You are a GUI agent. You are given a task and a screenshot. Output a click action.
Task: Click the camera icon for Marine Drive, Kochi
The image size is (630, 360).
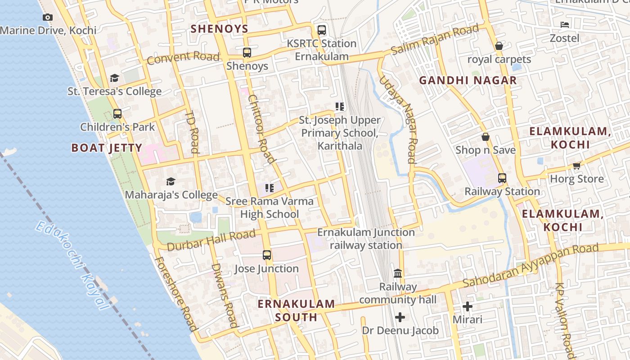click(47, 18)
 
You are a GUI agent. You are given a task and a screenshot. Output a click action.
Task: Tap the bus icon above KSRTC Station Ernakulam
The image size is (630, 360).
click(321, 30)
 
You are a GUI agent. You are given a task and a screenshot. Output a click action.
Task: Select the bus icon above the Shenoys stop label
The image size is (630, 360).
click(247, 53)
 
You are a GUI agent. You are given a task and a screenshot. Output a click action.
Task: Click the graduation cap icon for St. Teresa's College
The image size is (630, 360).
click(114, 78)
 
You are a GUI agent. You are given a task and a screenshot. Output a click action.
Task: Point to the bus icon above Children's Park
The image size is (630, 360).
click(117, 114)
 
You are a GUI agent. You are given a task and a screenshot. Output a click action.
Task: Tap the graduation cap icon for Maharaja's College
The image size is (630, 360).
click(171, 181)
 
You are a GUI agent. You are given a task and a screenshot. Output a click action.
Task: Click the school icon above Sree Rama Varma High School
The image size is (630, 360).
click(269, 188)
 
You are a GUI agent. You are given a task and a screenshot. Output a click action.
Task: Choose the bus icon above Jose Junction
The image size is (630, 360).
click(266, 255)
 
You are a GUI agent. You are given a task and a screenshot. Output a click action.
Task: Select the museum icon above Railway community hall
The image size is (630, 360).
click(398, 273)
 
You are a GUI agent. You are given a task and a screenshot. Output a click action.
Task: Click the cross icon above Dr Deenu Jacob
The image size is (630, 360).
click(400, 317)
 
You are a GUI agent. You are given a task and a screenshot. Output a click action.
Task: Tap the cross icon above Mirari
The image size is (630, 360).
click(468, 306)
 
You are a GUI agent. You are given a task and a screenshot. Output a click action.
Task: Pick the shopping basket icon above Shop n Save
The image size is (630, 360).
click(486, 137)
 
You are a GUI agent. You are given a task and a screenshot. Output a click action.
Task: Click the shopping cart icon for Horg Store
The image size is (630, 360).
click(576, 166)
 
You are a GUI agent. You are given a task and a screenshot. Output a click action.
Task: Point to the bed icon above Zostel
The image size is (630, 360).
click(565, 25)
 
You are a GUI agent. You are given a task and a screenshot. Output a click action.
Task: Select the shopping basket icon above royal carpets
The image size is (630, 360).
click(499, 46)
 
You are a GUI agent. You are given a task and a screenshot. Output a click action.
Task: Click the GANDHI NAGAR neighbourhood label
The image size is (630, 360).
click(468, 81)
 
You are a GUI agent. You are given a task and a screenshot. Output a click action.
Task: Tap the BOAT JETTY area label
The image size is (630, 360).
click(107, 148)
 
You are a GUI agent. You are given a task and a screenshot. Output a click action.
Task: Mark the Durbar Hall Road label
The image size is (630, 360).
click(211, 240)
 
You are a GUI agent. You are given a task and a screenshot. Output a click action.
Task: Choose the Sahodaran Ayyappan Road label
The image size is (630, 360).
click(531, 265)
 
